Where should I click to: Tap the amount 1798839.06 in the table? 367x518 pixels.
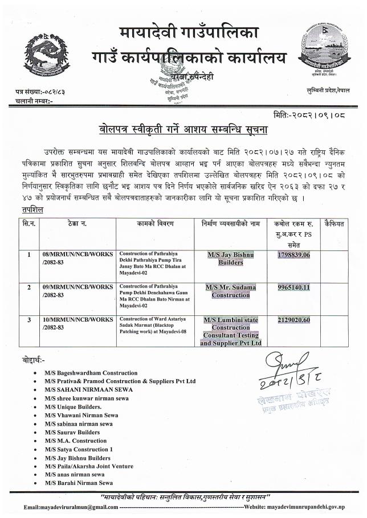292,254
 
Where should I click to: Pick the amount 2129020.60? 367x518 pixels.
292,320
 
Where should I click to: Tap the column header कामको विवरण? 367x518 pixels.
154,224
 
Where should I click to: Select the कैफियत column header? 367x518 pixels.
333,224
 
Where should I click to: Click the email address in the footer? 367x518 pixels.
71,507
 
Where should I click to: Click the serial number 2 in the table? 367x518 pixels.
29,287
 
